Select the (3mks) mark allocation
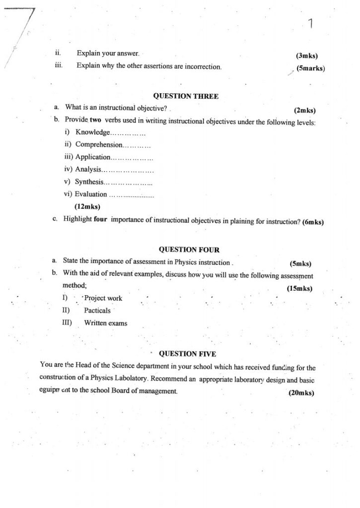tap(306, 56)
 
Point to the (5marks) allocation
tap(310, 68)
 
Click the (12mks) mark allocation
tap(87, 206)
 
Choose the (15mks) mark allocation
tap(299, 288)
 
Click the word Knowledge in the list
tap(92, 132)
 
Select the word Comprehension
tap(98, 145)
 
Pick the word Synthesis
tap(89, 182)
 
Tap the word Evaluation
tap(91, 194)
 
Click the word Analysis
tap(88, 170)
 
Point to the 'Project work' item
tap(103, 298)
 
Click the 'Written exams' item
tap(105, 323)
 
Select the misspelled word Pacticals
tap(97, 311)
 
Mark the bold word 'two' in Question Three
tap(95, 121)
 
